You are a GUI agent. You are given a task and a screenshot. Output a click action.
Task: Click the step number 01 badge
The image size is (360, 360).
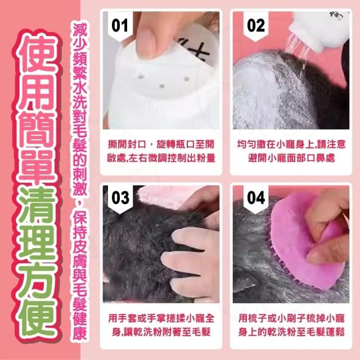(x=120, y=26)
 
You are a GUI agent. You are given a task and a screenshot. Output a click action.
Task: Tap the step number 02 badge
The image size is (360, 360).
(x=256, y=26)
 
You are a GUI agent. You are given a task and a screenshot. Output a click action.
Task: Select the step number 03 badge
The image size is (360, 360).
(x=120, y=199)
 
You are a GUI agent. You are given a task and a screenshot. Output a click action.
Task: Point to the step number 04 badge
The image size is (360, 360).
(x=256, y=199)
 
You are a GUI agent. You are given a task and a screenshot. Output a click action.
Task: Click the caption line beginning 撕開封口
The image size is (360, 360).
(x=161, y=145)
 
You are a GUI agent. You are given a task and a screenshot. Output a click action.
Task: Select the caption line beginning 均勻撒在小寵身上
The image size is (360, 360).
(x=291, y=145)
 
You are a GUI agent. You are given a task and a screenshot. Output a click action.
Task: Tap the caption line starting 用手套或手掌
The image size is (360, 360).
(x=161, y=318)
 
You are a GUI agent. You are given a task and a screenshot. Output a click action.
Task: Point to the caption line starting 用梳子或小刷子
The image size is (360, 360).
(x=291, y=318)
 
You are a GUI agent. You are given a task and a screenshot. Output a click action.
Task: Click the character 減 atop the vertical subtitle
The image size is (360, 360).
(x=80, y=30)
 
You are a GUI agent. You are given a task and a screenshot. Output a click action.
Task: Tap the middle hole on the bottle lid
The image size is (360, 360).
(x=162, y=86)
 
